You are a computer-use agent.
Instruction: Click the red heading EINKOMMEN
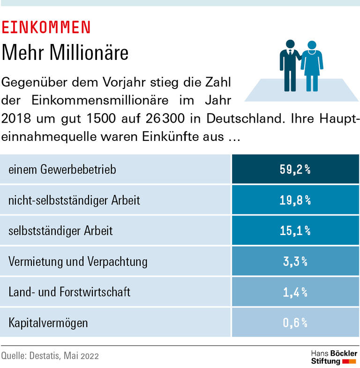(46, 28)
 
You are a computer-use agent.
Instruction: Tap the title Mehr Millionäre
(65, 53)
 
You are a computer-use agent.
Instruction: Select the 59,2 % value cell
(295, 169)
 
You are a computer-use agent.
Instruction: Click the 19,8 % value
(295, 200)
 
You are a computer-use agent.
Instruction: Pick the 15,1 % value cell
(295, 231)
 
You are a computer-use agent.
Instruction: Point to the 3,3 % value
(295, 261)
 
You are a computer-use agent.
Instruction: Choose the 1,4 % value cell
(295, 292)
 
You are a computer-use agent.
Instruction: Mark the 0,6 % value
(295, 323)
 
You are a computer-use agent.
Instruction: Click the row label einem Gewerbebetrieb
(62, 169)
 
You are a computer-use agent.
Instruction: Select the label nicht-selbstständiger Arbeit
(74, 200)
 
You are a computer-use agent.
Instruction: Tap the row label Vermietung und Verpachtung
(78, 261)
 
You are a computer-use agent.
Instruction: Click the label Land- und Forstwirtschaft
(69, 292)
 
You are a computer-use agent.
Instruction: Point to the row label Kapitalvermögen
(48, 323)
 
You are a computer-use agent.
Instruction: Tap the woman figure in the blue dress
(311, 66)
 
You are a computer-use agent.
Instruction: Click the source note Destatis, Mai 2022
(50, 356)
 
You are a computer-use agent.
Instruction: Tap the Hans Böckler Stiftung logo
(334, 357)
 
